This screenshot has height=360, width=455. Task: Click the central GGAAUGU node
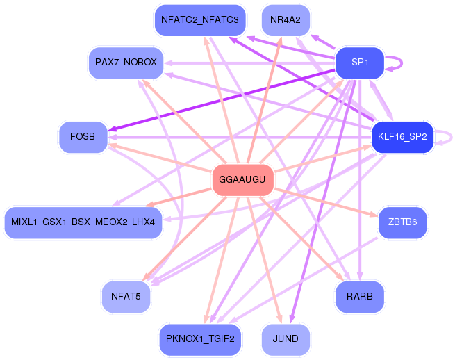point(243,179)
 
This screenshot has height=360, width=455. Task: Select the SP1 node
point(360,63)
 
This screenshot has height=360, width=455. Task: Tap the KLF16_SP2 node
point(402,136)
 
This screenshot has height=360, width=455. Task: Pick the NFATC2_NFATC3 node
point(200,20)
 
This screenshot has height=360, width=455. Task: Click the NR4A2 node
point(286,20)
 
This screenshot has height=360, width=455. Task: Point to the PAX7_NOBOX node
point(126,63)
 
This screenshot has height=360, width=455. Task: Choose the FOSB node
point(83,136)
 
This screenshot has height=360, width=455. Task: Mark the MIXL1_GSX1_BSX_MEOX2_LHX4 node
point(83,222)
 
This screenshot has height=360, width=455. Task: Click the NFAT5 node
point(126,297)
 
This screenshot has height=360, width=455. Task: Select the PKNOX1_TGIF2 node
point(200,339)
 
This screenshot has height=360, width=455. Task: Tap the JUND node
point(286,339)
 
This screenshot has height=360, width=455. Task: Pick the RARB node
point(360,297)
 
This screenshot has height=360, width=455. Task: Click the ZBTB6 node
point(402,222)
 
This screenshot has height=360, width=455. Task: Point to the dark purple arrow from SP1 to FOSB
point(222,100)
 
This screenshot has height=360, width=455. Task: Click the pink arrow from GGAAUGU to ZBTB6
point(326,202)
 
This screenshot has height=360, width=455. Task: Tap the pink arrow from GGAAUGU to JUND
point(265,259)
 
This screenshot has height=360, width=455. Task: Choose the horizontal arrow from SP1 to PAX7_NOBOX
point(249,63)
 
